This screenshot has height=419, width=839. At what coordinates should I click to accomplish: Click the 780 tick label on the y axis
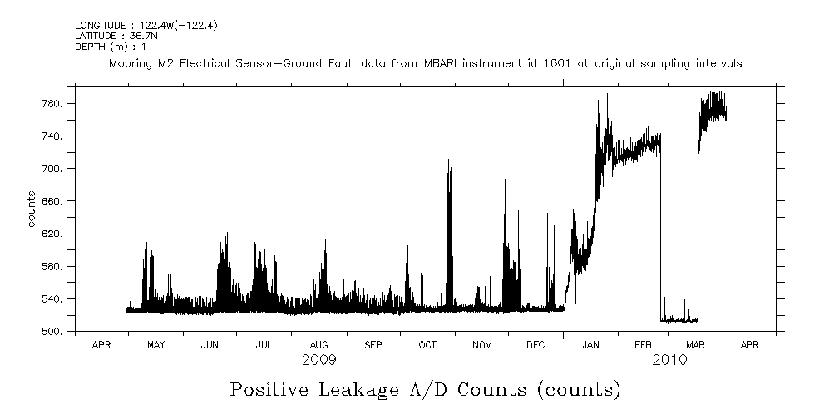click(x=54, y=104)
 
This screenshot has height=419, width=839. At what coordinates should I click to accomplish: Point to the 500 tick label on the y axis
click(x=54, y=332)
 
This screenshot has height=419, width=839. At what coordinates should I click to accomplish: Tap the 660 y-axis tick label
click(x=54, y=201)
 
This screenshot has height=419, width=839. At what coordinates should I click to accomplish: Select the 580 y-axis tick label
click(x=54, y=267)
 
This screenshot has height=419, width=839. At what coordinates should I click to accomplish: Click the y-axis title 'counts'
click(x=32, y=209)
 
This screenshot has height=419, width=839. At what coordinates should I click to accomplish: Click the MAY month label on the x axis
click(x=155, y=344)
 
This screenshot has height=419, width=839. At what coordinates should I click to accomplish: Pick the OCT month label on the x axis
click(x=427, y=344)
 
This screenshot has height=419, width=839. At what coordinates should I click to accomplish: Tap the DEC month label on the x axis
click(x=535, y=344)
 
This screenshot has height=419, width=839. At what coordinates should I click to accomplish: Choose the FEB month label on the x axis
click(x=644, y=344)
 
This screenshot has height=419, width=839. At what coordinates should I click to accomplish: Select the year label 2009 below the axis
click(x=318, y=360)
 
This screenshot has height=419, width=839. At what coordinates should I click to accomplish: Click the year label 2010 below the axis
click(x=669, y=360)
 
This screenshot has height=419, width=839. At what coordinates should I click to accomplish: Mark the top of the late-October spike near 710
click(x=450, y=160)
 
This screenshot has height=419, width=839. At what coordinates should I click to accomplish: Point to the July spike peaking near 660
click(x=259, y=201)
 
